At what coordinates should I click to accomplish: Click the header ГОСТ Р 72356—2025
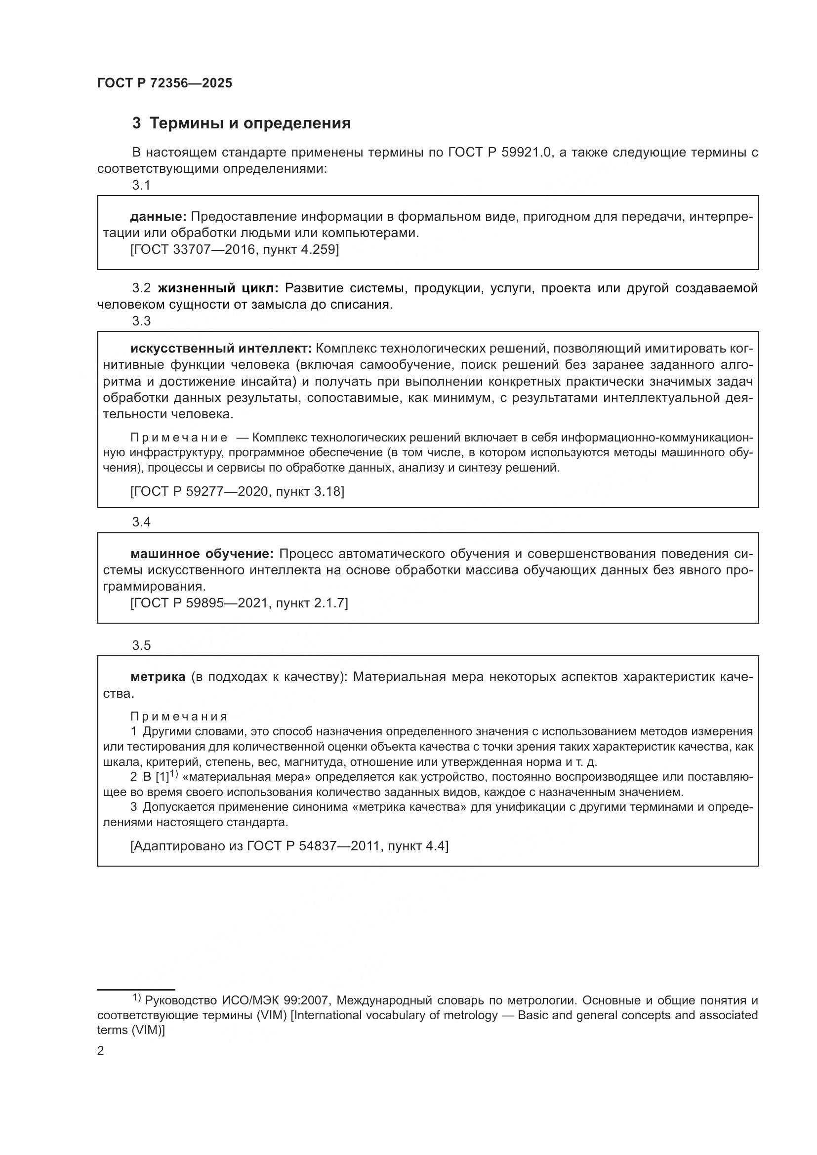coord(164,83)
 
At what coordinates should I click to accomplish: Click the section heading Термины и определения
coord(250,123)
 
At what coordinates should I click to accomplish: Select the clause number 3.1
coord(141,186)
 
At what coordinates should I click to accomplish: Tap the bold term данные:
coord(159,217)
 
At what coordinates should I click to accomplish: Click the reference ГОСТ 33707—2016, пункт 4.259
coord(235,249)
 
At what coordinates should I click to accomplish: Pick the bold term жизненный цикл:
coord(218,288)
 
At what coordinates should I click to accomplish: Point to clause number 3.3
coord(141,321)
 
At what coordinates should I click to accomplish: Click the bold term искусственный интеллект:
coord(221,349)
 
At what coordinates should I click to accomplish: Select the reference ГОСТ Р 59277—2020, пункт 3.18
coord(237,491)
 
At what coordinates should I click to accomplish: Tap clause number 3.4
coord(141,522)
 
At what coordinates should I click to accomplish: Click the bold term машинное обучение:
coord(202,554)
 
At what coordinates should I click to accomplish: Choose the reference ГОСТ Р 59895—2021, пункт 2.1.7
coord(239,602)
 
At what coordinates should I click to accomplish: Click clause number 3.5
coord(141,645)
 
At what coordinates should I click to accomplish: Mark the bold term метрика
coord(158,677)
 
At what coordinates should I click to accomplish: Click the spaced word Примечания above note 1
coord(179,717)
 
